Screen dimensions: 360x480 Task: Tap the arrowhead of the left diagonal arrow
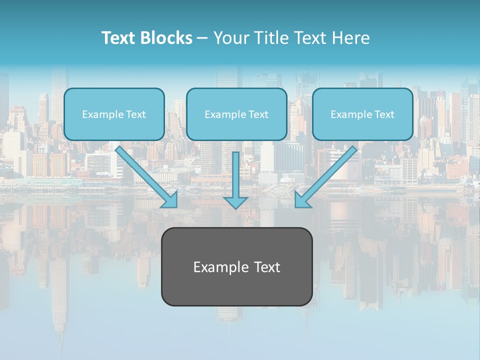point(170,199)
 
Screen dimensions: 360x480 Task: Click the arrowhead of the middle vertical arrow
point(235,202)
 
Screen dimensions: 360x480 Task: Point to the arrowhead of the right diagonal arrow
point(302,199)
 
